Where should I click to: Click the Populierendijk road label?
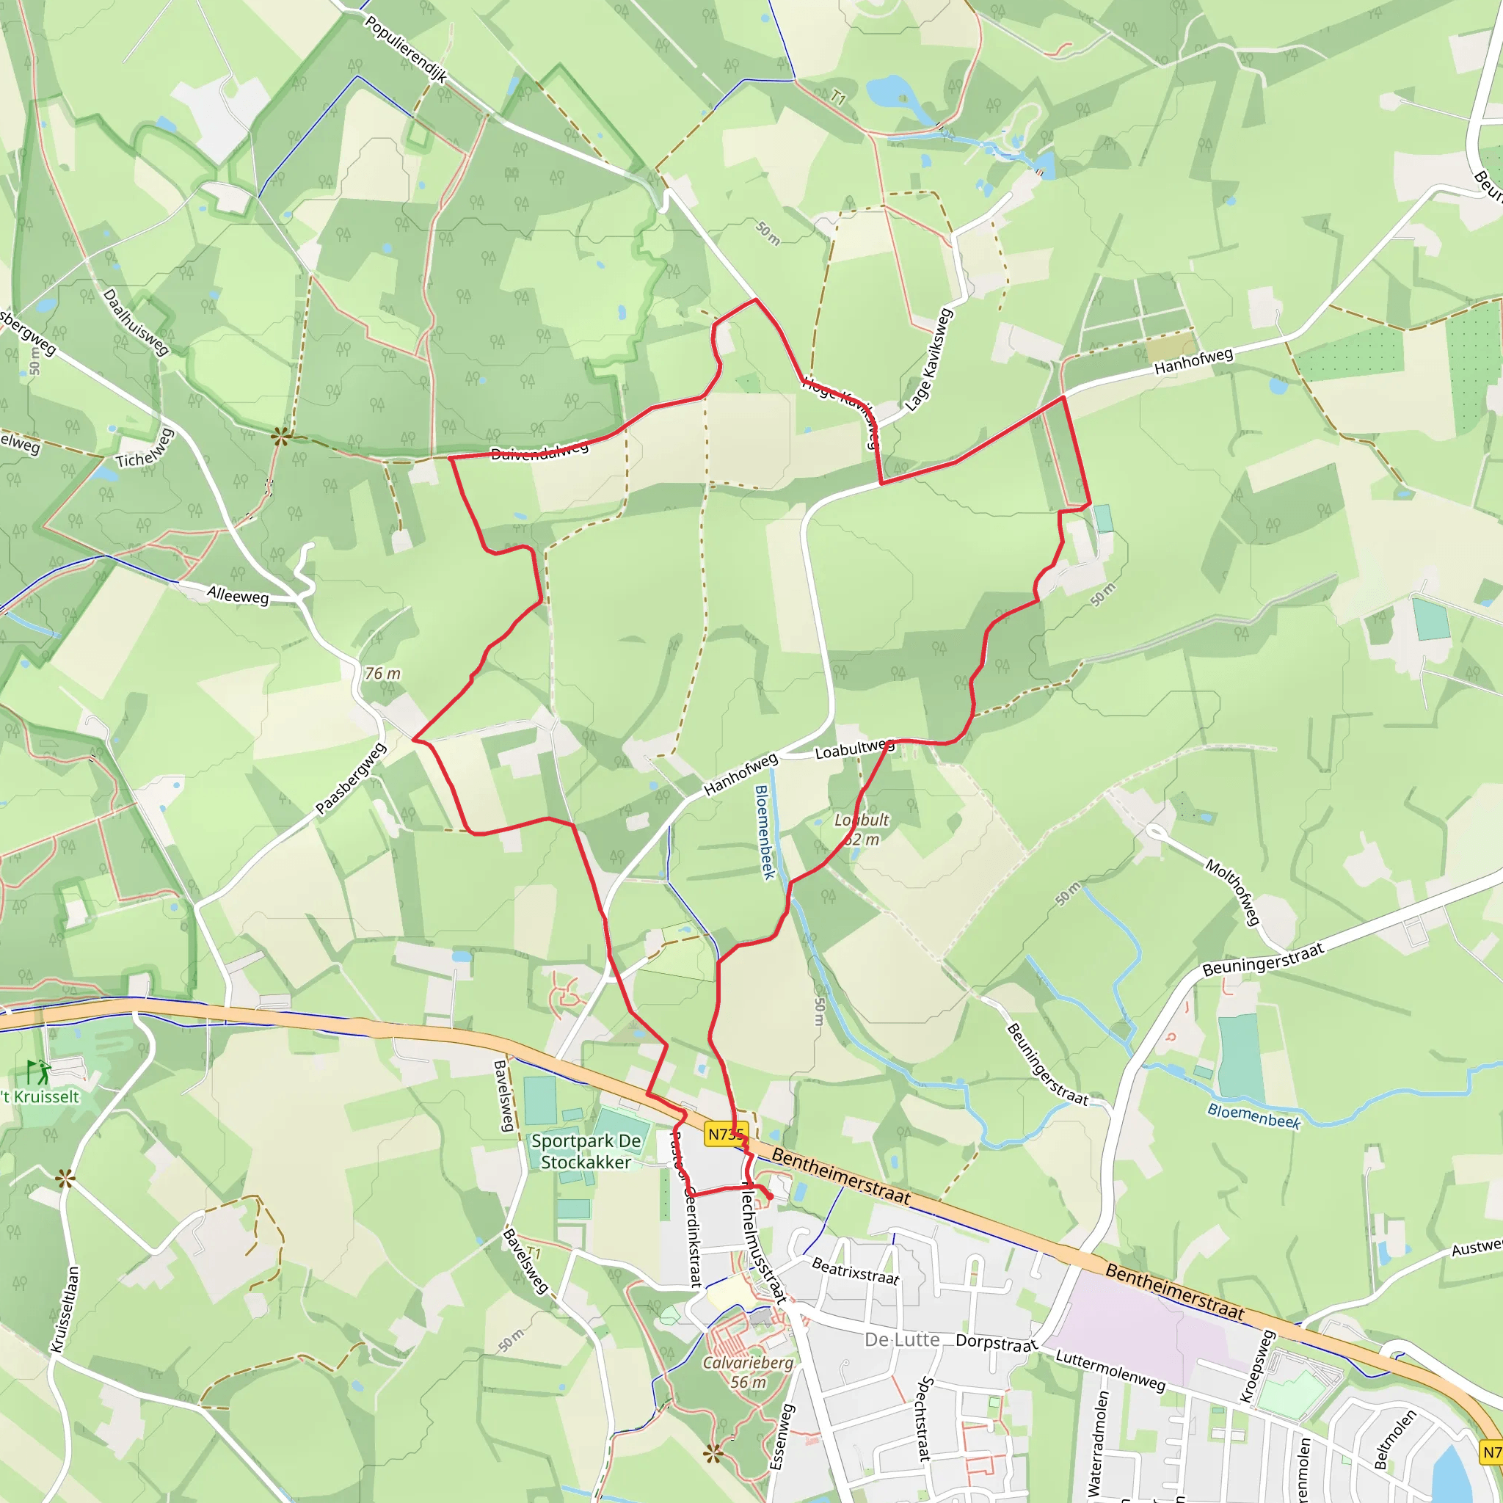point(405,49)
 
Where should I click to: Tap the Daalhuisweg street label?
point(137,322)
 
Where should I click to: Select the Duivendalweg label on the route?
point(539,451)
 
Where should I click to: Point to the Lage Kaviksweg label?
point(929,360)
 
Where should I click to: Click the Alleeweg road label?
point(237,595)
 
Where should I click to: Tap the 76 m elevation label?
point(383,674)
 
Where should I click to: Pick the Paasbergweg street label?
point(351,779)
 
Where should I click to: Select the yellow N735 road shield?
point(726,1135)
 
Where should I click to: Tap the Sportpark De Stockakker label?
point(586,1151)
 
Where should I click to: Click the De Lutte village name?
point(902,1339)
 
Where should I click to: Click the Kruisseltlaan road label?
point(65,1310)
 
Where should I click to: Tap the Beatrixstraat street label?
point(855,1272)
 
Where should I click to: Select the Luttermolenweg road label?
point(1110,1370)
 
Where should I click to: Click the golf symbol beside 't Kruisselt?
point(37,1073)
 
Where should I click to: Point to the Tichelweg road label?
point(145,449)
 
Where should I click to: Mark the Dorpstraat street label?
point(996,1343)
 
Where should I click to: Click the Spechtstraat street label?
point(925,1418)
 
